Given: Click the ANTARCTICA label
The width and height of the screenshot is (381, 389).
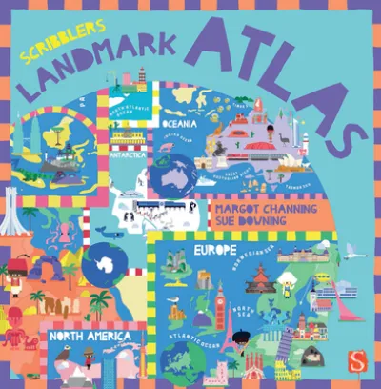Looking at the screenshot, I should coord(133,158).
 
